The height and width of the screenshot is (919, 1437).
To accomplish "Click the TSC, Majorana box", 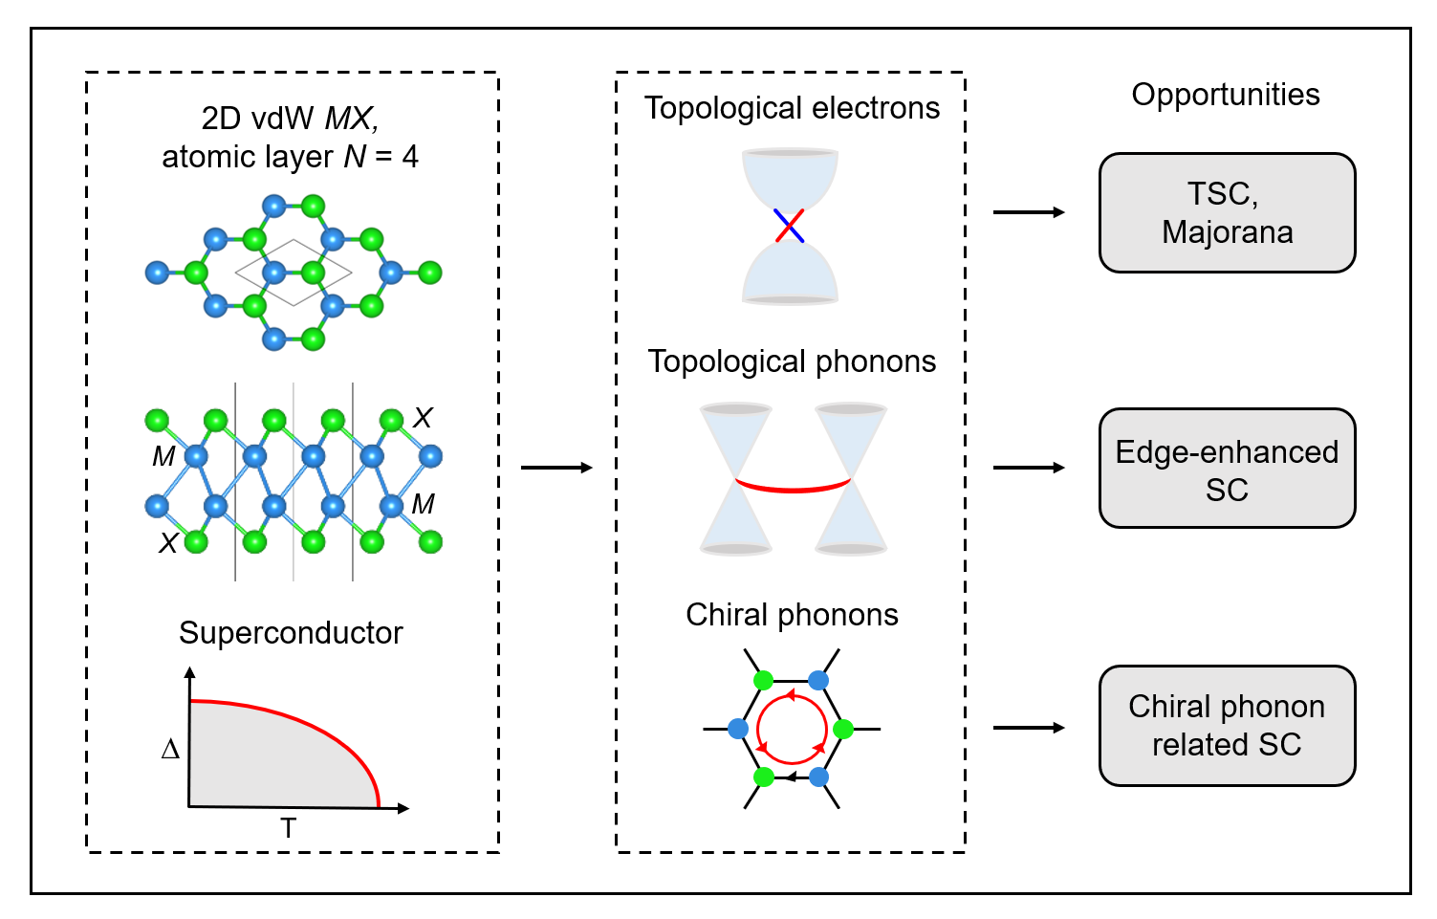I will [1227, 212].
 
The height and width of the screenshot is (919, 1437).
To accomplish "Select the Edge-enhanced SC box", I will [1227, 469].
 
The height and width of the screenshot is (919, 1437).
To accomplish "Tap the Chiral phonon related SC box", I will [1227, 725].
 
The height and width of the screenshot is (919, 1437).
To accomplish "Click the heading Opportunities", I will [1225, 95].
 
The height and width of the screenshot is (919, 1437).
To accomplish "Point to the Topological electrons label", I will [792, 108].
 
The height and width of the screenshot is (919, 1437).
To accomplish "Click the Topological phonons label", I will [792, 361].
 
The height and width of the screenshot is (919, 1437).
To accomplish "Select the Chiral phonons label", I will [792, 615].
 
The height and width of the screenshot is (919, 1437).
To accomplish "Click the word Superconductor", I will [291, 633].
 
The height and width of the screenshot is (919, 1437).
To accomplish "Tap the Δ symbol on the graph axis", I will [170, 749].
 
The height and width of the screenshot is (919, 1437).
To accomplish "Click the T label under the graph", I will [288, 828].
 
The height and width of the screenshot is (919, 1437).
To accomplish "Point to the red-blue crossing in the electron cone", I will [789, 226].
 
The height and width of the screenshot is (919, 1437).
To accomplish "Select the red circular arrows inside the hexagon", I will [792, 729].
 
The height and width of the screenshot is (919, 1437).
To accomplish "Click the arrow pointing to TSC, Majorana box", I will [1029, 212].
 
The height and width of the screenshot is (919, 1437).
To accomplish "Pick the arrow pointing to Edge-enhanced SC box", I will [1029, 468].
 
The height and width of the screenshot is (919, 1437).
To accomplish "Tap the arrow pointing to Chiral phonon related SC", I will [1029, 728].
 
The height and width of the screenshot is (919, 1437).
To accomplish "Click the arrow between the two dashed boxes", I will [556, 468].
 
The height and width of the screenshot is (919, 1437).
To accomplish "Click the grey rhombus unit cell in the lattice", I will [294, 273].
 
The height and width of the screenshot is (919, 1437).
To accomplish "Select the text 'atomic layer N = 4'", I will [290, 157].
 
